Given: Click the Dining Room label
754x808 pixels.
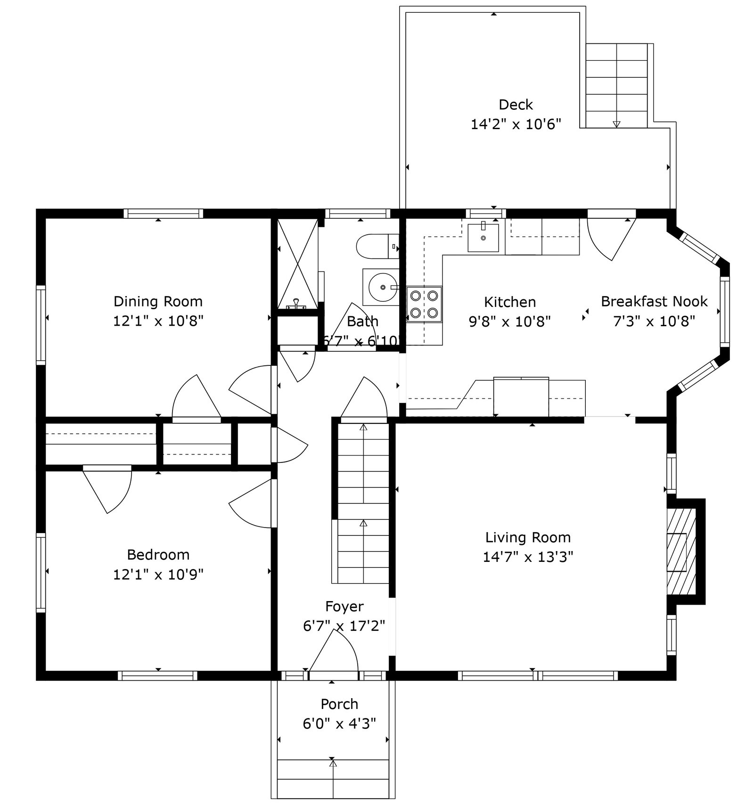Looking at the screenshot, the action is coord(158,302).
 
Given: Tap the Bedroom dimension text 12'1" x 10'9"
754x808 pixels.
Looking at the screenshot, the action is coord(158,575).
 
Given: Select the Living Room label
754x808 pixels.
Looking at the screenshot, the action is coord(528,537).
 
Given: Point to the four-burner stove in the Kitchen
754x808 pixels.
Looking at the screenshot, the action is coord(424,304).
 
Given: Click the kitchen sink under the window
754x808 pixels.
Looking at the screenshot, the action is coord(483,238).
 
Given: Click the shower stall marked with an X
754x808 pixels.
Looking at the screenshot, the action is coord(297,264).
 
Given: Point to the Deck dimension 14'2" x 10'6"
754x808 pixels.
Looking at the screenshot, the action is coord(516,124).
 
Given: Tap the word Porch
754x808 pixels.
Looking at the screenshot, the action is coord(339,704).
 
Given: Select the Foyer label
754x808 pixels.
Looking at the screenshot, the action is coord(344,606).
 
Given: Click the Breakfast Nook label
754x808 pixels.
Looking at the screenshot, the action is coord(654,302).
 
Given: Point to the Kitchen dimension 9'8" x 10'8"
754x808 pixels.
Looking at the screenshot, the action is coord(509,322).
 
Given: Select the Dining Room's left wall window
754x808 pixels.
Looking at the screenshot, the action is coord(41,325).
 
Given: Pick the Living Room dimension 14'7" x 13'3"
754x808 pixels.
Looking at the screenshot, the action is coord(528,557).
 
